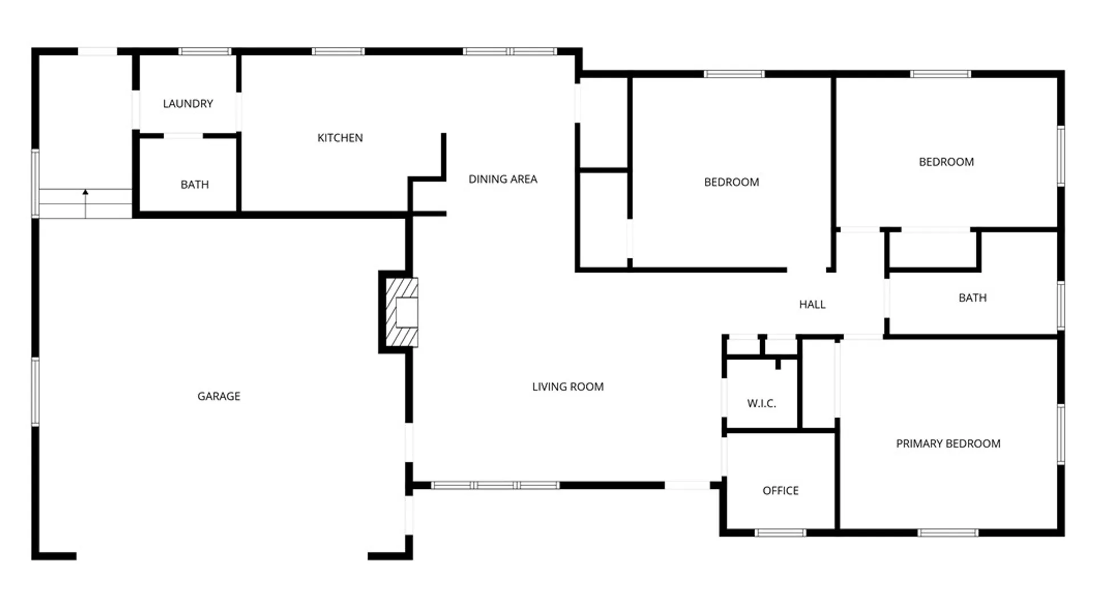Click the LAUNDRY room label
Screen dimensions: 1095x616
click(188, 104)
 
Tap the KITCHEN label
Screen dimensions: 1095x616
click(340, 138)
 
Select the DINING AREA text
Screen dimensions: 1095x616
click(502, 179)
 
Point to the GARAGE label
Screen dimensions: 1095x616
click(218, 396)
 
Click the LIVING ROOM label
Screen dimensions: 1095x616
click(567, 387)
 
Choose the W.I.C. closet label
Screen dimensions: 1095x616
click(761, 404)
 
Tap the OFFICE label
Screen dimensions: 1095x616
click(780, 491)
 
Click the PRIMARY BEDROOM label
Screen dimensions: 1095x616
click(948, 444)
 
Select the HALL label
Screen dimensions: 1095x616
click(812, 305)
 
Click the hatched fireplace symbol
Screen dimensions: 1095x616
click(402, 313)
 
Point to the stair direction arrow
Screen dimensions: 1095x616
click(86, 204)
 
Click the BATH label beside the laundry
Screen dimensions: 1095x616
click(194, 185)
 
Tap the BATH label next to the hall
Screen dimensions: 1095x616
click(972, 298)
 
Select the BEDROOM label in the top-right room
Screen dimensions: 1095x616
click(946, 162)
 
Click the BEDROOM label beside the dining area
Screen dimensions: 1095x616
click(731, 183)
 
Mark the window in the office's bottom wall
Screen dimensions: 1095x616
click(780, 533)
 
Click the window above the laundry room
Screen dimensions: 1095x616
click(205, 52)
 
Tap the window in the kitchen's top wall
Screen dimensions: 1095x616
click(338, 52)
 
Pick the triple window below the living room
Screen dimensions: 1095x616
click(495, 485)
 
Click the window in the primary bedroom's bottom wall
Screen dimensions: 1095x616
click(948, 533)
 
